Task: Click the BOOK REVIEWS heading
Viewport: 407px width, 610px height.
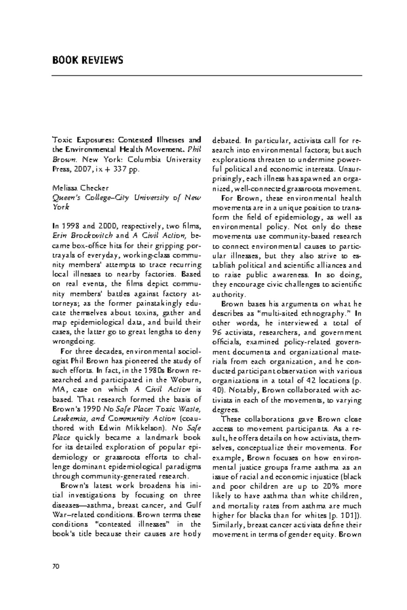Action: [88, 60]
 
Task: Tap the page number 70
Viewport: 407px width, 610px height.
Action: [56, 566]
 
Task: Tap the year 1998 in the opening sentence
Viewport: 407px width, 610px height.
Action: [69, 225]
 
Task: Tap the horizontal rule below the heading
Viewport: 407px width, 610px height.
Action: [207, 76]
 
